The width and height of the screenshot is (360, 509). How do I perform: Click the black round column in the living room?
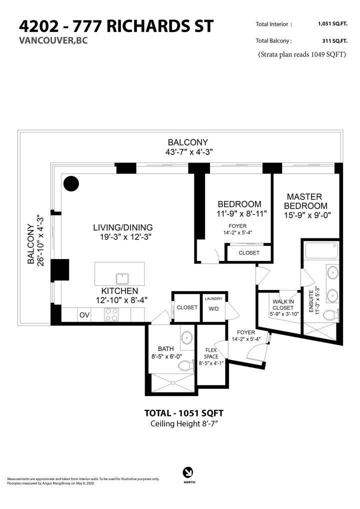click(x=71, y=184)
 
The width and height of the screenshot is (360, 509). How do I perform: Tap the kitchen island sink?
click(x=120, y=277)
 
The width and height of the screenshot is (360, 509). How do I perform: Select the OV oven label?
click(x=84, y=315)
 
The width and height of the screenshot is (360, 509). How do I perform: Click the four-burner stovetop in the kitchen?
click(x=111, y=314)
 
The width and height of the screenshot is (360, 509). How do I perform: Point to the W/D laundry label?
click(x=213, y=307)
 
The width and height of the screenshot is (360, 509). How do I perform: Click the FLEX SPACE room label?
click(x=211, y=353)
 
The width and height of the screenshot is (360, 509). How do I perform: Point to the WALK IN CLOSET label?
click(x=283, y=305)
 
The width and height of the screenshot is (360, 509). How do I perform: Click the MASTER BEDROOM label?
click(x=306, y=201)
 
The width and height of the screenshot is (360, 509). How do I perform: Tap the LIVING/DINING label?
click(x=123, y=227)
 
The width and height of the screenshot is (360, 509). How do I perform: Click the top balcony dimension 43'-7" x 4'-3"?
click(x=187, y=152)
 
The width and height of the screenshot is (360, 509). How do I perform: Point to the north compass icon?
click(x=189, y=471)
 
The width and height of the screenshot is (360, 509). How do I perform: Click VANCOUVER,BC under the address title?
click(x=52, y=41)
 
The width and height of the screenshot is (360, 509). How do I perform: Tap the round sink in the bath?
click(x=186, y=338)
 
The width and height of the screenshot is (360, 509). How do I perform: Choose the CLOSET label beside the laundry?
click(x=187, y=307)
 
